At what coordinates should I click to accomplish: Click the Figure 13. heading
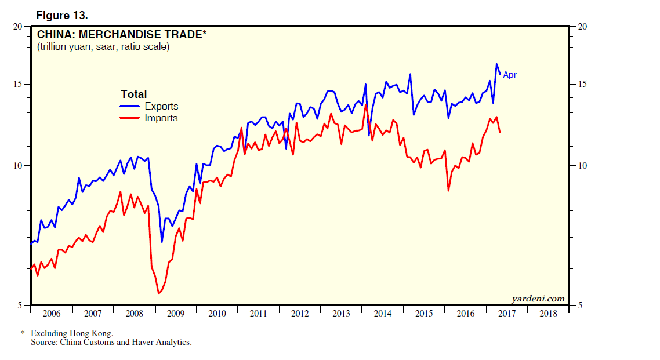point(62,14)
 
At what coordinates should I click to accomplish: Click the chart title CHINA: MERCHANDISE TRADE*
point(121,35)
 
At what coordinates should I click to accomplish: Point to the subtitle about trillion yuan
point(103,47)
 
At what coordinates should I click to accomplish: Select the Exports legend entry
point(161,106)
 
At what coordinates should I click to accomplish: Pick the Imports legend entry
point(161,118)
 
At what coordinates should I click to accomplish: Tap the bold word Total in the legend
point(133,94)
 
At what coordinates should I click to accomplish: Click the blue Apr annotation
point(509,75)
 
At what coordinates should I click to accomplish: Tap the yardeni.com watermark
point(538,299)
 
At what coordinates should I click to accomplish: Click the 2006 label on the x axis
point(52,314)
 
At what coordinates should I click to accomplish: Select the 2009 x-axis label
point(176,314)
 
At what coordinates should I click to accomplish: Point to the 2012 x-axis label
point(300,314)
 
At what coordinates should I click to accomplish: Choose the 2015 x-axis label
point(424,314)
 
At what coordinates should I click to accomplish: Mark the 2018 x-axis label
point(548,314)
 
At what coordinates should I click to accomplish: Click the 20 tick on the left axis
point(18,27)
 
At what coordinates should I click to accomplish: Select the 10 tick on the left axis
point(18,166)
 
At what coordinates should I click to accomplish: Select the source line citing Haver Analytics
point(111,342)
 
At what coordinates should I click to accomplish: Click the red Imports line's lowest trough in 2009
point(158,294)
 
